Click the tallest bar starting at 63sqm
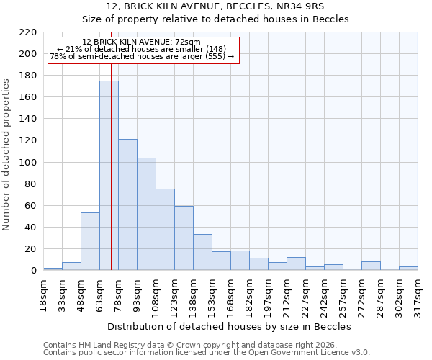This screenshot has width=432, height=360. click(109, 176)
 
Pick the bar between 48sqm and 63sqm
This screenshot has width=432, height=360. click(90, 241)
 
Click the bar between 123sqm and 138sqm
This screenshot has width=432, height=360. click(184, 238)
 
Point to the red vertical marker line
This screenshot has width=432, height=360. click(111, 166)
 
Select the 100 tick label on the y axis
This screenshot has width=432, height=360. click(27, 163)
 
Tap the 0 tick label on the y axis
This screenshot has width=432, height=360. click(33, 271)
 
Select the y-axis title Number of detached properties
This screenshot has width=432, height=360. click(7, 156)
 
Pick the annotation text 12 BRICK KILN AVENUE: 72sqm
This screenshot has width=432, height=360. click(141, 42)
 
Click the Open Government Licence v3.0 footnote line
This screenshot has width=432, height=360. click(207, 352)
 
